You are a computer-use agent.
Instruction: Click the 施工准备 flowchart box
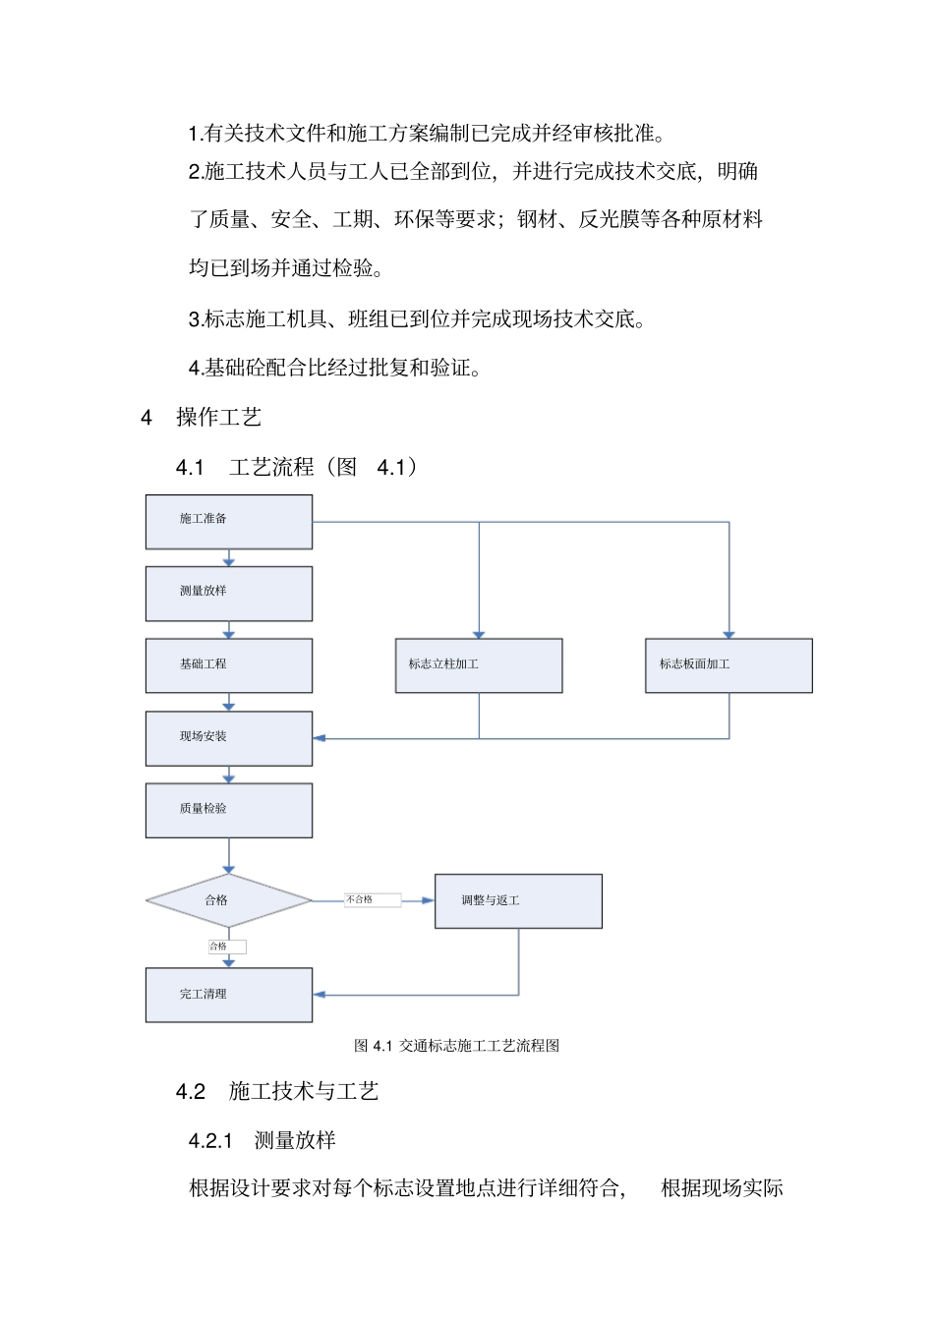[x=229, y=521]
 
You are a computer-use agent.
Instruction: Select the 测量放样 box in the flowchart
[x=229, y=593]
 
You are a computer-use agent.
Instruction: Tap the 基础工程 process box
[x=229, y=665]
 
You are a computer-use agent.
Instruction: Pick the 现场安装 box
[x=229, y=738]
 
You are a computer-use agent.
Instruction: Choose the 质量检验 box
[x=229, y=810]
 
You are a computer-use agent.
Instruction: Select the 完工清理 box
[x=229, y=995]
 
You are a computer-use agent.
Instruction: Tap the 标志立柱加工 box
[x=479, y=665]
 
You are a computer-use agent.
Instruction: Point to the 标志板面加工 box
[x=729, y=665]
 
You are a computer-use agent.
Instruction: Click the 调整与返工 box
[x=518, y=900]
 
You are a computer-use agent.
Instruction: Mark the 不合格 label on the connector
[x=372, y=899]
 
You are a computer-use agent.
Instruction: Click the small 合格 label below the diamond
[x=226, y=947]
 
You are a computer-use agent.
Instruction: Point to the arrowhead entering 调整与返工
[x=428, y=900]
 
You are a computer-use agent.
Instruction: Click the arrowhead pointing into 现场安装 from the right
[x=320, y=738]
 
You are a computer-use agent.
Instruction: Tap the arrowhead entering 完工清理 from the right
[x=320, y=995]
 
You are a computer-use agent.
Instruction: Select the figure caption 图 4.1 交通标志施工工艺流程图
[x=456, y=1046]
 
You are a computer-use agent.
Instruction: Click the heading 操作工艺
[x=218, y=418]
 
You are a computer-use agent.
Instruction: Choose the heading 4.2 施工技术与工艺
[x=277, y=1092]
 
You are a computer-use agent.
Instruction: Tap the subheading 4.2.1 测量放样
[x=263, y=1140]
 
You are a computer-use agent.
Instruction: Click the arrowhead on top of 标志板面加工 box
[x=729, y=635]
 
